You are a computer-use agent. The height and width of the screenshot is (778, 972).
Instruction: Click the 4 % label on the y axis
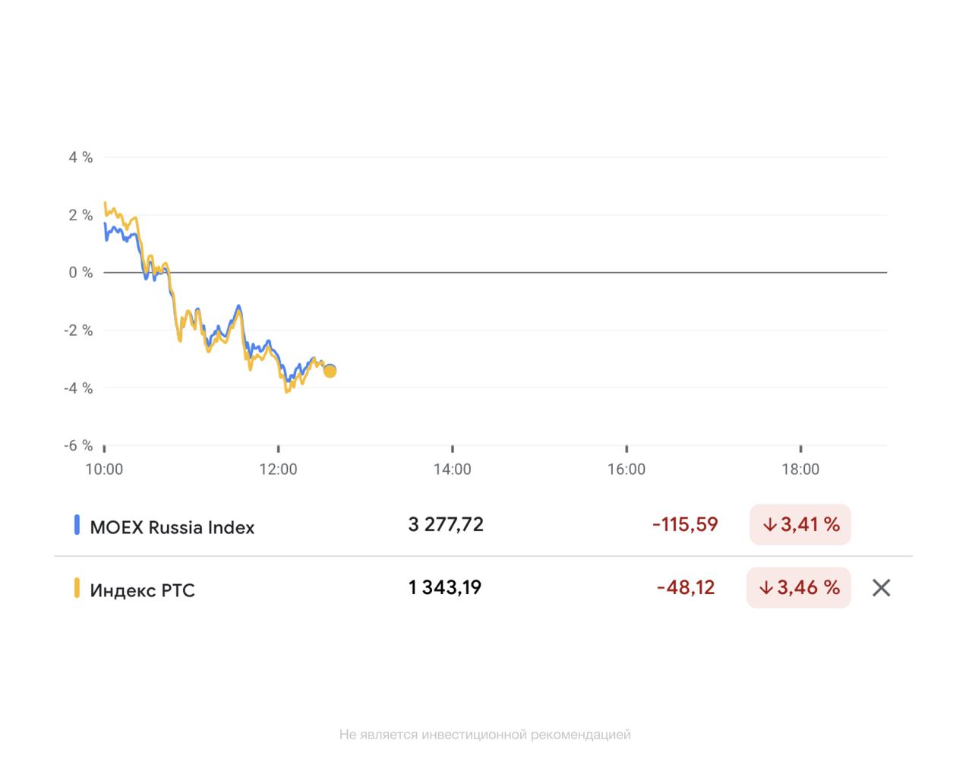[80, 157]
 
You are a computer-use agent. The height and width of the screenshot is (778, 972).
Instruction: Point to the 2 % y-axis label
[80, 215]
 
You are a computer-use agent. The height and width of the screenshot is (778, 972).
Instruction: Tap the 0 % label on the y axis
[80, 272]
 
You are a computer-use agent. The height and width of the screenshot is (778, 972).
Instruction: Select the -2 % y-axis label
[78, 330]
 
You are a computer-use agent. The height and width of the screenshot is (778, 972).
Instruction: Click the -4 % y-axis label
[78, 388]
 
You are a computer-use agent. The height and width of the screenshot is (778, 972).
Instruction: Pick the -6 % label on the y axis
[78, 445]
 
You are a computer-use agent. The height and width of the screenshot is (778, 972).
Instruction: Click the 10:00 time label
[104, 470]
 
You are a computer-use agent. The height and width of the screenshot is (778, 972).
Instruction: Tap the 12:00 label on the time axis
[278, 470]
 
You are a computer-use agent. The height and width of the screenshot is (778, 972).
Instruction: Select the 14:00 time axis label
[453, 470]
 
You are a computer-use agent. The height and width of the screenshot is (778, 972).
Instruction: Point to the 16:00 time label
[626, 470]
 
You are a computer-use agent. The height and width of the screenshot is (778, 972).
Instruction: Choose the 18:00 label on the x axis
[800, 470]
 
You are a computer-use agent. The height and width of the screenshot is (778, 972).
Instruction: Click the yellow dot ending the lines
[330, 371]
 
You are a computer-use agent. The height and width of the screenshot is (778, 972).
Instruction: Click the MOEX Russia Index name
[172, 527]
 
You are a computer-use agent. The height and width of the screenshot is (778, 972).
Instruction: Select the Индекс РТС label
[142, 590]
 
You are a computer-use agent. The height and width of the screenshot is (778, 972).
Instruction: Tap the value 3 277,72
[446, 525]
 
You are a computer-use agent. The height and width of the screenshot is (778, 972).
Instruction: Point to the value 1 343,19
[445, 587]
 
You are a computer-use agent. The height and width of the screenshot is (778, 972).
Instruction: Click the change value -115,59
[685, 525]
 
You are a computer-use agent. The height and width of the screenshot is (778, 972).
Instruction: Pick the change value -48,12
[686, 587]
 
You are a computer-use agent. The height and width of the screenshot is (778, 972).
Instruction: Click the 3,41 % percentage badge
[800, 525]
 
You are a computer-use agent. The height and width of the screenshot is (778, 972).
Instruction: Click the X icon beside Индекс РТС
[881, 587]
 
